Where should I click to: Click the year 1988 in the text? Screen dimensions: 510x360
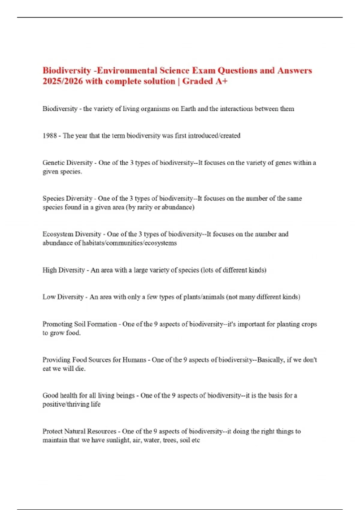50,136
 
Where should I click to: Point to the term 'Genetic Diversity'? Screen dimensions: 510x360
67,163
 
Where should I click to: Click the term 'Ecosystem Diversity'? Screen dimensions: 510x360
72,234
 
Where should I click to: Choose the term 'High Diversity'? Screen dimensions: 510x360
64,270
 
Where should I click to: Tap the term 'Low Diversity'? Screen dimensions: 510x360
63,297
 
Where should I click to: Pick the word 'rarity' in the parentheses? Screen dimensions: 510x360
145,207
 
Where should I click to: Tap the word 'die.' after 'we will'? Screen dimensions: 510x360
80,369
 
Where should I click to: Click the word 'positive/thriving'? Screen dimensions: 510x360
66,404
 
